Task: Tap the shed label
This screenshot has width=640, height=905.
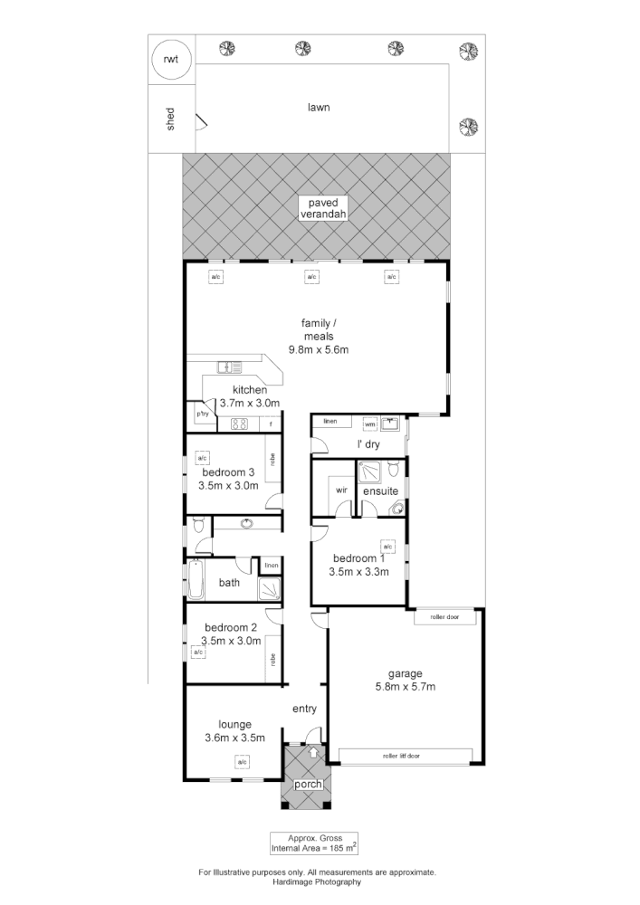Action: tap(169, 119)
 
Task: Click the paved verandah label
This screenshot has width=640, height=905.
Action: tap(321, 209)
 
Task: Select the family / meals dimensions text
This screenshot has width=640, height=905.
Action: tap(319, 349)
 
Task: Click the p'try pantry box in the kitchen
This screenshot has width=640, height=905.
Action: tap(202, 414)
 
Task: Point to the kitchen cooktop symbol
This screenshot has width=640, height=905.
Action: tap(240, 424)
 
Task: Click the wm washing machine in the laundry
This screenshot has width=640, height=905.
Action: tap(369, 423)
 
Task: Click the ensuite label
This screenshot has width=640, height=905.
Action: tap(380, 491)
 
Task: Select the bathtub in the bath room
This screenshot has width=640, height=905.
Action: tap(195, 580)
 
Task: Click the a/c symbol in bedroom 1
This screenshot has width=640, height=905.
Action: tap(387, 547)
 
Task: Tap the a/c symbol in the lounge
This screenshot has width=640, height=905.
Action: tap(242, 763)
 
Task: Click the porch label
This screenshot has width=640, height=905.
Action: tap(308, 784)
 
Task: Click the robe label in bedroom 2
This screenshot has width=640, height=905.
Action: tap(272, 660)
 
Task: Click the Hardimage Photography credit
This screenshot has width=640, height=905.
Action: tap(317, 881)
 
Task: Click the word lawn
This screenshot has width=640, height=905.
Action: tap(317, 107)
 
